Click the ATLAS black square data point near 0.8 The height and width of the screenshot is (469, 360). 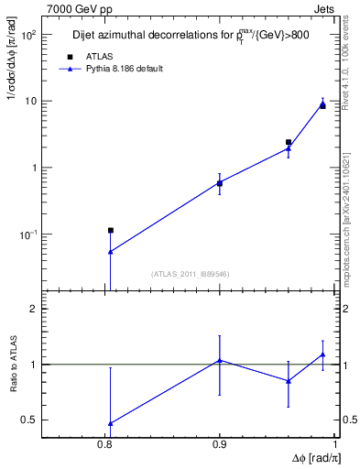[x=110, y=230]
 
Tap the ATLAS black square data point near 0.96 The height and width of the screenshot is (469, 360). [x=289, y=143]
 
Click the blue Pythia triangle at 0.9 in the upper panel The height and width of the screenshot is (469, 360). [x=220, y=183]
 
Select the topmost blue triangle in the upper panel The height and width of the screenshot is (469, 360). [x=322, y=104]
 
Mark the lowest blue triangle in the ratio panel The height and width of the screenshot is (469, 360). [x=110, y=423]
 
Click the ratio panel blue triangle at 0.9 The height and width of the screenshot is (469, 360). [x=220, y=360]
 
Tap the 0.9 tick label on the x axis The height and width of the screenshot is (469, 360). [x=220, y=445]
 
